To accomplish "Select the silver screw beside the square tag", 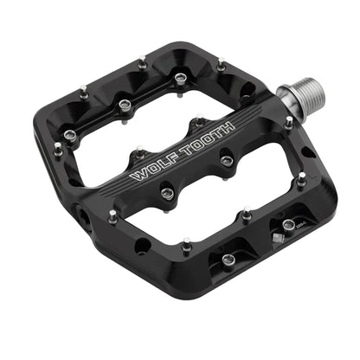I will pyautogui.click(x=288, y=226).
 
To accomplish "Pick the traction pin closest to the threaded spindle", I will pyautogui.click(x=289, y=123).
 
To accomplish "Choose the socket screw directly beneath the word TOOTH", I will pyautogui.click(x=226, y=161).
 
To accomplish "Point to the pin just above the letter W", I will pyautogui.click(x=139, y=154).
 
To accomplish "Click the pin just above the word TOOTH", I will pyautogui.click(x=200, y=122).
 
